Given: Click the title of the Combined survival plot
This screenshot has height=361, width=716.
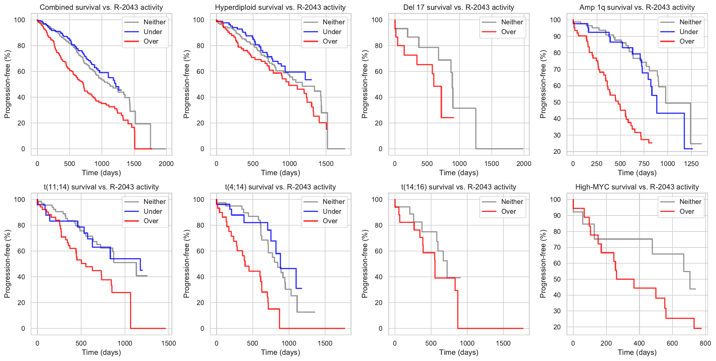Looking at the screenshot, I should [101, 7].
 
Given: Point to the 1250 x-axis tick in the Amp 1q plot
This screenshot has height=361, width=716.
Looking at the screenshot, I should [691, 164].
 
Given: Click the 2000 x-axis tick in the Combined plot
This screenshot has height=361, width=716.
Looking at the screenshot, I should [166, 164].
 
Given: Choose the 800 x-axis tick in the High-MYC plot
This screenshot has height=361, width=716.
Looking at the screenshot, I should [705, 343].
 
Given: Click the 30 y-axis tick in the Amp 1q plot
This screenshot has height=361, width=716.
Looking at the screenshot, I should [557, 135].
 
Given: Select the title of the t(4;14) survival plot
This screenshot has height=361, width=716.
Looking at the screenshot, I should [280, 187].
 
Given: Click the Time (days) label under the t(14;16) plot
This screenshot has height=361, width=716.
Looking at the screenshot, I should [459, 352].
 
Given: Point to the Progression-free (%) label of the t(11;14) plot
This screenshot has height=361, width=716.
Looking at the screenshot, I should [7, 264].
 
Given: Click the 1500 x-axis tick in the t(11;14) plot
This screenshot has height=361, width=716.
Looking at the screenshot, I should [168, 343].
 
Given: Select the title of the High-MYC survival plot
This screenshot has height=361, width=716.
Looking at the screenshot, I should [637, 187].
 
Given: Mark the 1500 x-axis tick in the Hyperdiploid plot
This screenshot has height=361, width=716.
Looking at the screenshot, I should [326, 164].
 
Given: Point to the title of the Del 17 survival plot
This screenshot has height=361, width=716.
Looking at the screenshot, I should [458, 7].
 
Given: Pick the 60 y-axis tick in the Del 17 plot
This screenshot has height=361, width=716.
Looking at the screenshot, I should [378, 71].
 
